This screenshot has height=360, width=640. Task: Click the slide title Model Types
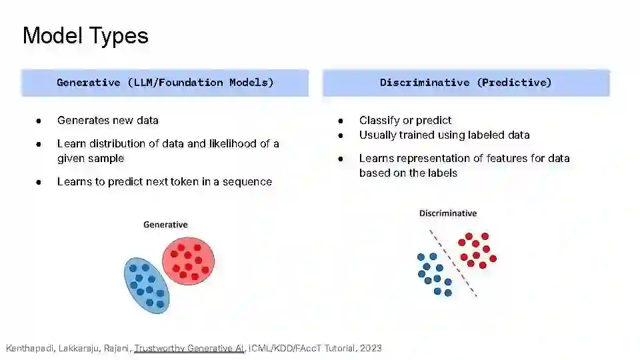[x=85, y=36]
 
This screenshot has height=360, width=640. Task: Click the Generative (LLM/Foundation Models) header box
[x=165, y=83]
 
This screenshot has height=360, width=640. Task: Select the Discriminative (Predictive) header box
[x=466, y=83]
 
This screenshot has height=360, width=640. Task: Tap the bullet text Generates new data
[x=108, y=121]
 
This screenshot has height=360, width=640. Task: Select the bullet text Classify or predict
[x=405, y=121]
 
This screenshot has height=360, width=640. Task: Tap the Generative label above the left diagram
[x=165, y=225]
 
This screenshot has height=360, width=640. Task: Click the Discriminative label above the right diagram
[x=448, y=213]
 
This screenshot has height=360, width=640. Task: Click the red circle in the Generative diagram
[x=188, y=261]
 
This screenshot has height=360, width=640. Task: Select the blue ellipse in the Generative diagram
[x=147, y=285]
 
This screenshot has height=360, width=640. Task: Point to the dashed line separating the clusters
[x=453, y=263]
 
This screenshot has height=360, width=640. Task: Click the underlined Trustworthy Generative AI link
[x=189, y=348]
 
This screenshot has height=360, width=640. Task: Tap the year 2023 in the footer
[x=371, y=348]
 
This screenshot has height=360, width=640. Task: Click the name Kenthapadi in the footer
[x=30, y=348]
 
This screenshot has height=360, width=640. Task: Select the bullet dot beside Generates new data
[x=39, y=121]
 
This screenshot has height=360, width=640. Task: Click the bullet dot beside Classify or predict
[x=341, y=121]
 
